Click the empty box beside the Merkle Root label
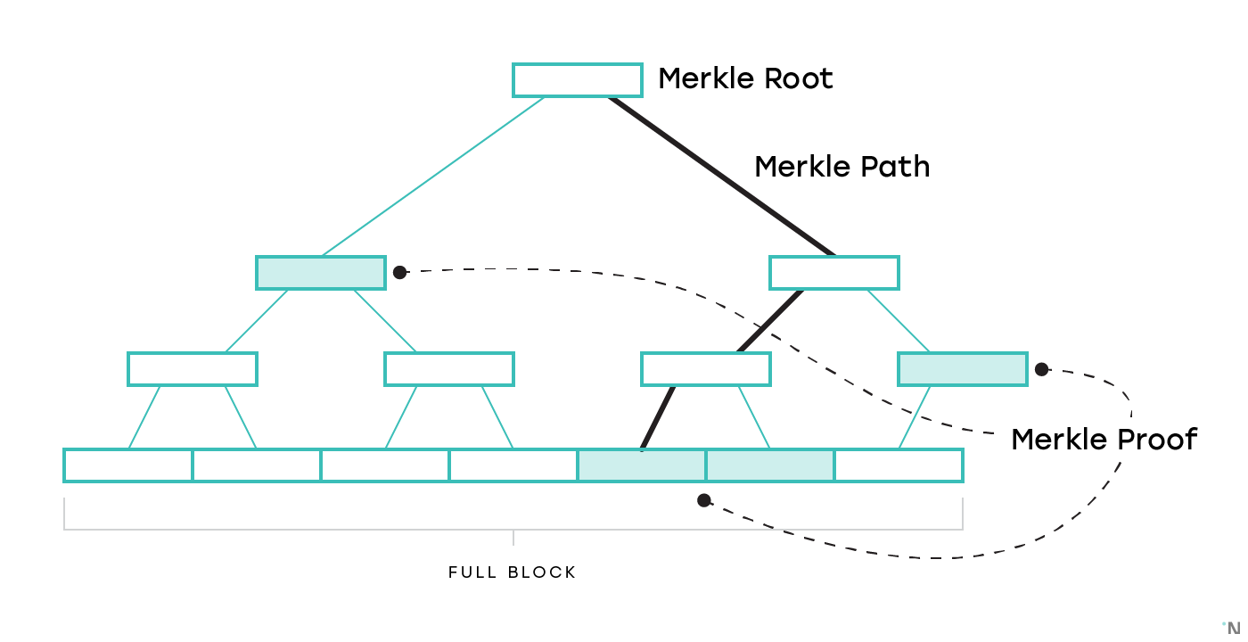[578, 80]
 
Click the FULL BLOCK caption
[513, 572]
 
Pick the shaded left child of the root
[321, 273]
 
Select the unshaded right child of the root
[834, 273]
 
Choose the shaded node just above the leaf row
[963, 369]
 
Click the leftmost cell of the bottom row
[128, 465]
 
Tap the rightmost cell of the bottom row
[899, 465]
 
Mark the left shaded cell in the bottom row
[642, 465]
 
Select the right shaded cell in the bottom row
[770, 465]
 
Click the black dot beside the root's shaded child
[400, 272]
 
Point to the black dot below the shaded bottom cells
[704, 500]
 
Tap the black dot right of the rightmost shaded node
[1041, 369]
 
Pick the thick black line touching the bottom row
[658, 417]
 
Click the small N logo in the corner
[1234, 628]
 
